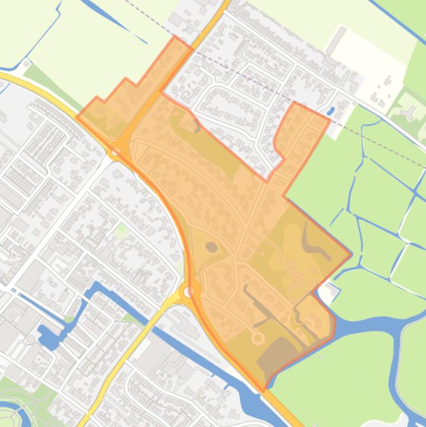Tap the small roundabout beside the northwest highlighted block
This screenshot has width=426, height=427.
tap(116, 150)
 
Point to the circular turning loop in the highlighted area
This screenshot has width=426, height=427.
tap(258, 337)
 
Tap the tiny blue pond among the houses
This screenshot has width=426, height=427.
tap(331, 110)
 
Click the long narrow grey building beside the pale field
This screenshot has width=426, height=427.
tap(336, 42)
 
